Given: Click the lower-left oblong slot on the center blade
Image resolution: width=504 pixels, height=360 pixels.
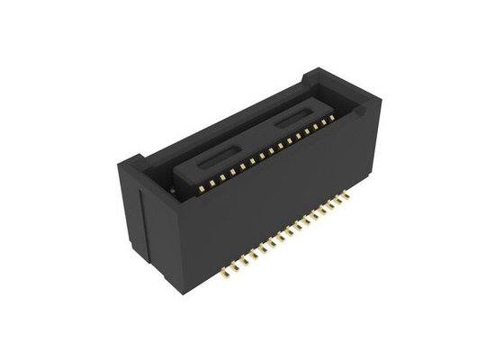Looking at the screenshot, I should tap(217, 159).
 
